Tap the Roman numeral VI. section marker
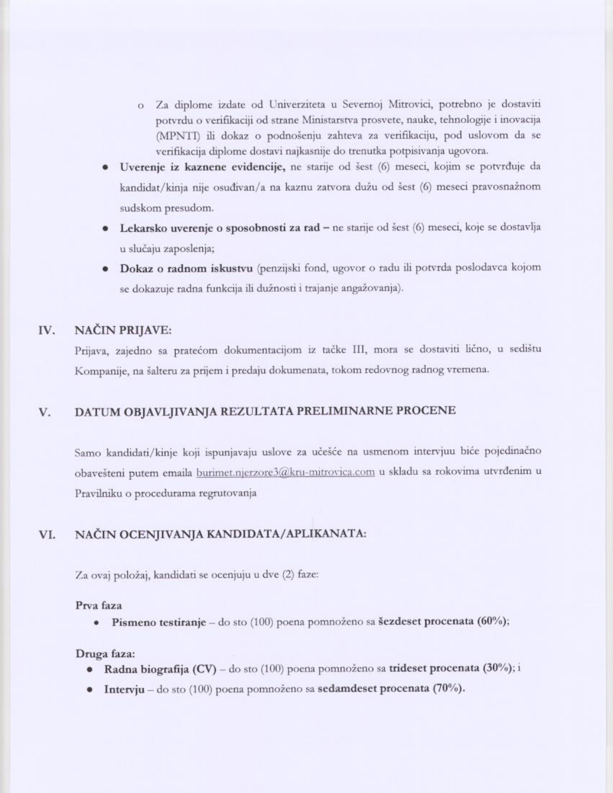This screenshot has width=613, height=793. pyautogui.click(x=47, y=534)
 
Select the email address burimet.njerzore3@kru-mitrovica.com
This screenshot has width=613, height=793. pyautogui.click(x=285, y=472)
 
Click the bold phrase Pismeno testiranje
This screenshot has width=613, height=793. pyautogui.click(x=159, y=622)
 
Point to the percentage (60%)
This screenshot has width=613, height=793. pyautogui.click(x=492, y=621)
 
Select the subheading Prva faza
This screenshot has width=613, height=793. pyautogui.click(x=99, y=606)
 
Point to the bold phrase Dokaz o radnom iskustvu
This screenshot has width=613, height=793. pyautogui.click(x=186, y=268)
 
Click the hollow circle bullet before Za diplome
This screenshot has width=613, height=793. pyautogui.click(x=141, y=105)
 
